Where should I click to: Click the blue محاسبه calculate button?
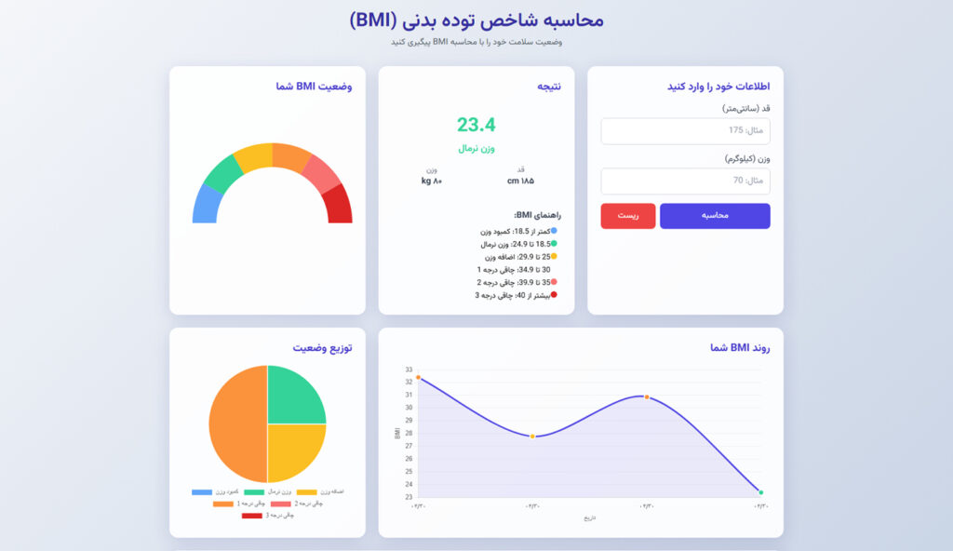[x=715, y=216]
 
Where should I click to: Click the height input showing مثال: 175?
[x=685, y=131]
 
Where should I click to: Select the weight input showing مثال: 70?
[x=685, y=181]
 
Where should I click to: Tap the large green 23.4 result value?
[x=476, y=125]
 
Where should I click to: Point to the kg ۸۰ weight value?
[x=432, y=181]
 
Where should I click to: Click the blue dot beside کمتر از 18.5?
[x=554, y=231]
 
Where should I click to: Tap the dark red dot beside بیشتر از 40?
[x=554, y=295]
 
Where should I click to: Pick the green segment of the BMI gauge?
[x=223, y=171]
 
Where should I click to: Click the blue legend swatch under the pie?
[x=202, y=491]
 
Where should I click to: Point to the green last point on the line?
[x=760, y=492]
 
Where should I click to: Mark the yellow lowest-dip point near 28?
[x=532, y=437]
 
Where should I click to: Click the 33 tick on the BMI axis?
[x=409, y=370]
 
